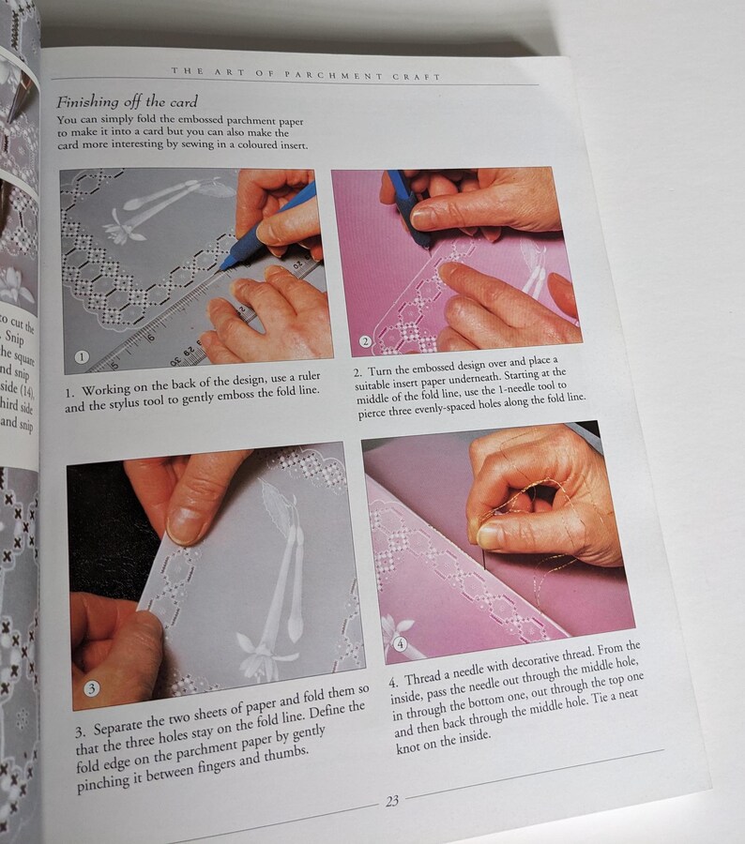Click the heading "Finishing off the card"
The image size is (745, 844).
pos(126,101)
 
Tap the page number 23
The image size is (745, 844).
pos(392,801)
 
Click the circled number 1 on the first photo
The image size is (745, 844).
pos(82,356)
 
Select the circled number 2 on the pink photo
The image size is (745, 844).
pos(366,341)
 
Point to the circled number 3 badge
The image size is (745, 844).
pos(91,688)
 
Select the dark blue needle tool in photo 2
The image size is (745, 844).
pos(411,211)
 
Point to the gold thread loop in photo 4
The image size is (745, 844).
pos(525,497)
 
